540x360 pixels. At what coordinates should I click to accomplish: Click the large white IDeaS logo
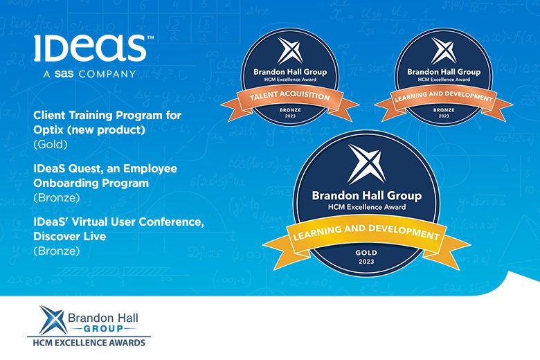[x=90, y=48]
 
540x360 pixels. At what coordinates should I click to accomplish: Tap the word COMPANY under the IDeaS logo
[x=107, y=74]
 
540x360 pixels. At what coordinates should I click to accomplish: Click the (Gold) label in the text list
[x=51, y=144]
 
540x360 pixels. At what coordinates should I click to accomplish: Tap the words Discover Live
[x=69, y=236]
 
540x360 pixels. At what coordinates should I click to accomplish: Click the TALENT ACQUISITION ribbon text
[x=289, y=96]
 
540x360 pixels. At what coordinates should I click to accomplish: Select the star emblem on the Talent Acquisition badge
[x=290, y=51]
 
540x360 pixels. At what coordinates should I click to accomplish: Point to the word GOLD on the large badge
[x=366, y=253]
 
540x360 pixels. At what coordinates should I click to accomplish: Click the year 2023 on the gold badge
[x=366, y=262]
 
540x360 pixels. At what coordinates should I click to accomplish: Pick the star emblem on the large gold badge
[x=366, y=164]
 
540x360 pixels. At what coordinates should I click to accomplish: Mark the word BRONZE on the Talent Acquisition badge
[x=290, y=110]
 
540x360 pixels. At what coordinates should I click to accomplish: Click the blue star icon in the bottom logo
[x=53, y=320]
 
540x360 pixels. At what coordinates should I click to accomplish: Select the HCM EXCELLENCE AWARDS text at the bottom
[x=89, y=343]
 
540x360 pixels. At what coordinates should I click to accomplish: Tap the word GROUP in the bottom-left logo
[x=103, y=329]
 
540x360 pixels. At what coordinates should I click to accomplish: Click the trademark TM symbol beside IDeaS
[x=150, y=37]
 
